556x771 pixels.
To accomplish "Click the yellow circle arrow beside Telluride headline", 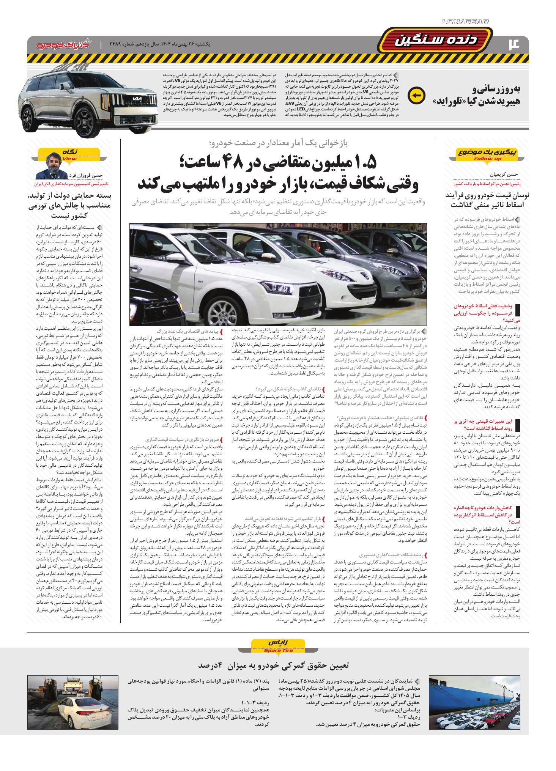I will point(416,96).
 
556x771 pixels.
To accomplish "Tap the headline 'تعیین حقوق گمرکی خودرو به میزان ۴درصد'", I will point(278,666).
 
